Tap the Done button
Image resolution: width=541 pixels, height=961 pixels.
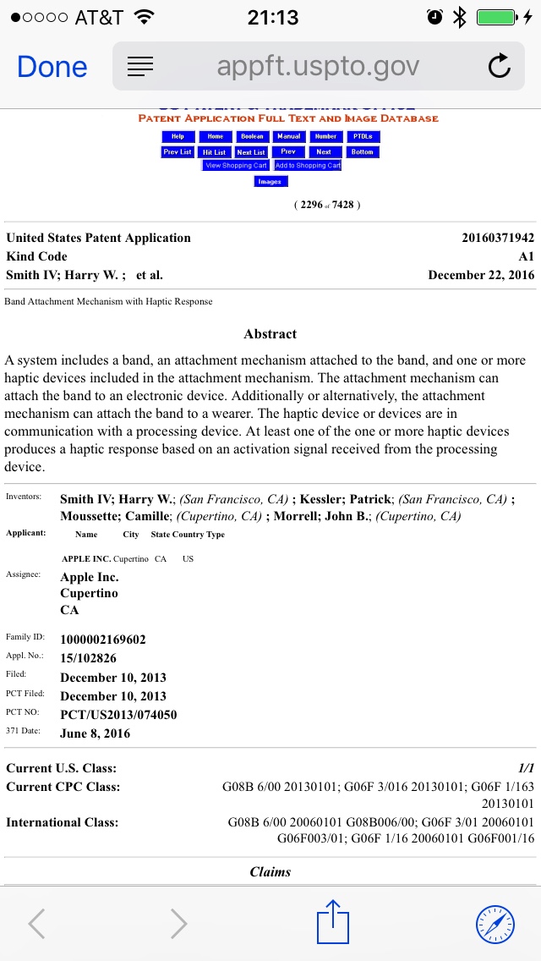52,67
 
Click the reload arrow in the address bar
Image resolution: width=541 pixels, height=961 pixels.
499,67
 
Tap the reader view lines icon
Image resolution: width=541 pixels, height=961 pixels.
140,67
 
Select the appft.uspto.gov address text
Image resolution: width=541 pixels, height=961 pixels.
318,67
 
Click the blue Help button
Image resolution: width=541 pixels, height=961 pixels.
178,136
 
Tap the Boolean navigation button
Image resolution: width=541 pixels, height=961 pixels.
252,136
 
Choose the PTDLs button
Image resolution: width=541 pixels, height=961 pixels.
363,136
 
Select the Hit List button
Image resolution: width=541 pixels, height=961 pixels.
214,152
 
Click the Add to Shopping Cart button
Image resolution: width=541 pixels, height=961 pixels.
308,166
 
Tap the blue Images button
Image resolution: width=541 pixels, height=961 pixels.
270,182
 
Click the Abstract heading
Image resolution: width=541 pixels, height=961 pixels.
270,334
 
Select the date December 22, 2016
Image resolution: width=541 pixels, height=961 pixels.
481,275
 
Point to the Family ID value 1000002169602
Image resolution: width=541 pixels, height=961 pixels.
103,640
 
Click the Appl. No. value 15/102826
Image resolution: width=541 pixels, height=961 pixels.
88,658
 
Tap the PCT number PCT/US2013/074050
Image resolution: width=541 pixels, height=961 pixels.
118,715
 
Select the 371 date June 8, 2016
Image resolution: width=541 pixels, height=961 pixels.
96,733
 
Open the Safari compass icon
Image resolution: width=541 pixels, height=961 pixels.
495,924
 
